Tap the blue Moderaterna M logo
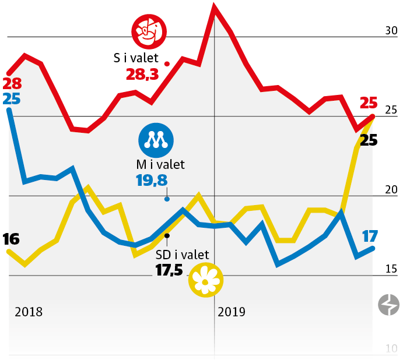(x=155, y=140)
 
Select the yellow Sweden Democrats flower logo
(x=205, y=280)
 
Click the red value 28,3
(x=142, y=75)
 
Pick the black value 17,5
(x=169, y=270)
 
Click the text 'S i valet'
(x=136, y=58)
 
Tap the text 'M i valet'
(x=160, y=165)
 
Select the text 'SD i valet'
(x=183, y=254)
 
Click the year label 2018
(x=29, y=312)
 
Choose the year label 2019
(x=232, y=312)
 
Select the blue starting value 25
(x=11, y=98)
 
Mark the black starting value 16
(x=11, y=239)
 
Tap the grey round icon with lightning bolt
(x=389, y=305)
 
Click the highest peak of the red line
(x=214, y=8)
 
